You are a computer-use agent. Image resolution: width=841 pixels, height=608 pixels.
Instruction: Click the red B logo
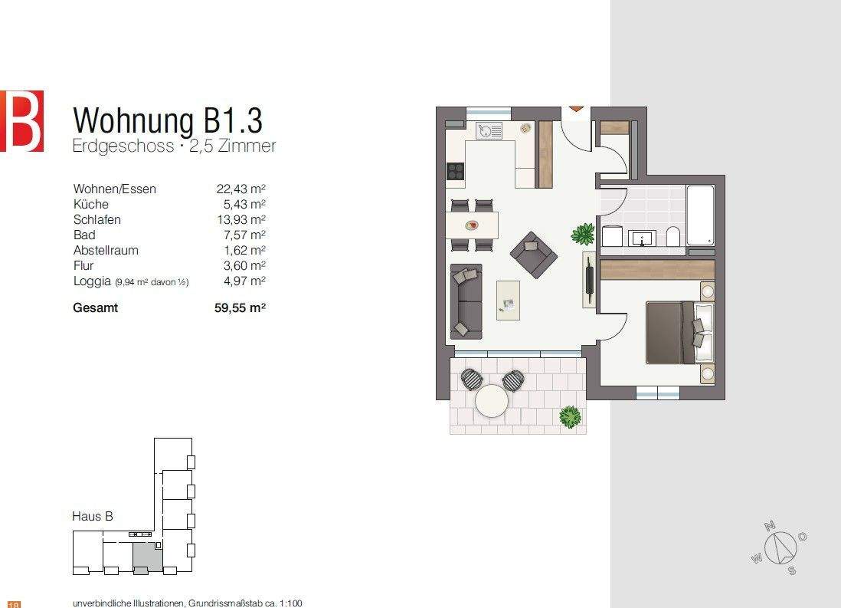click(x=21, y=120)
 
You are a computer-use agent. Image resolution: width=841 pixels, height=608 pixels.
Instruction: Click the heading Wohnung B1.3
click(x=167, y=121)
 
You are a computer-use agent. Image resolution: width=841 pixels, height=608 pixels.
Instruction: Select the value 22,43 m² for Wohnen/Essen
click(x=241, y=189)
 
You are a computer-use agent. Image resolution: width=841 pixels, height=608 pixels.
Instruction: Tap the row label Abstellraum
click(x=106, y=251)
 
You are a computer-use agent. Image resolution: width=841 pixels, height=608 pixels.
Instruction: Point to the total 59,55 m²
click(x=241, y=308)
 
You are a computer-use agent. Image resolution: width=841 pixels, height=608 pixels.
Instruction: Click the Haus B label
click(x=93, y=517)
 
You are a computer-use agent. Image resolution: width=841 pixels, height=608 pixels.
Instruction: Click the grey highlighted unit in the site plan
click(x=146, y=556)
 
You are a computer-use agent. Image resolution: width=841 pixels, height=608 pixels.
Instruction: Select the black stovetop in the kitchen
click(x=455, y=170)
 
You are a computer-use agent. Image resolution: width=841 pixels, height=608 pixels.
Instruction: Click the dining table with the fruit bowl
click(x=472, y=225)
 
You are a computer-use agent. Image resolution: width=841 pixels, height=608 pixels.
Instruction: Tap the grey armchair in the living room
click(x=533, y=255)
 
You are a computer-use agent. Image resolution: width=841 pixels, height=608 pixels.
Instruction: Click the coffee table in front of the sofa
click(x=508, y=299)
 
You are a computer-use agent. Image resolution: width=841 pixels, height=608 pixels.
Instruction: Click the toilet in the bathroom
click(x=672, y=236)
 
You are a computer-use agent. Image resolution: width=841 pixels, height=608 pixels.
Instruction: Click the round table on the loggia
click(x=492, y=400)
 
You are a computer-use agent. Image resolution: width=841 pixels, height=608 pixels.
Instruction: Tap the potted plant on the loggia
click(x=570, y=417)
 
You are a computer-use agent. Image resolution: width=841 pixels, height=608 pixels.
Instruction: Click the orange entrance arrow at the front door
click(x=576, y=110)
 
